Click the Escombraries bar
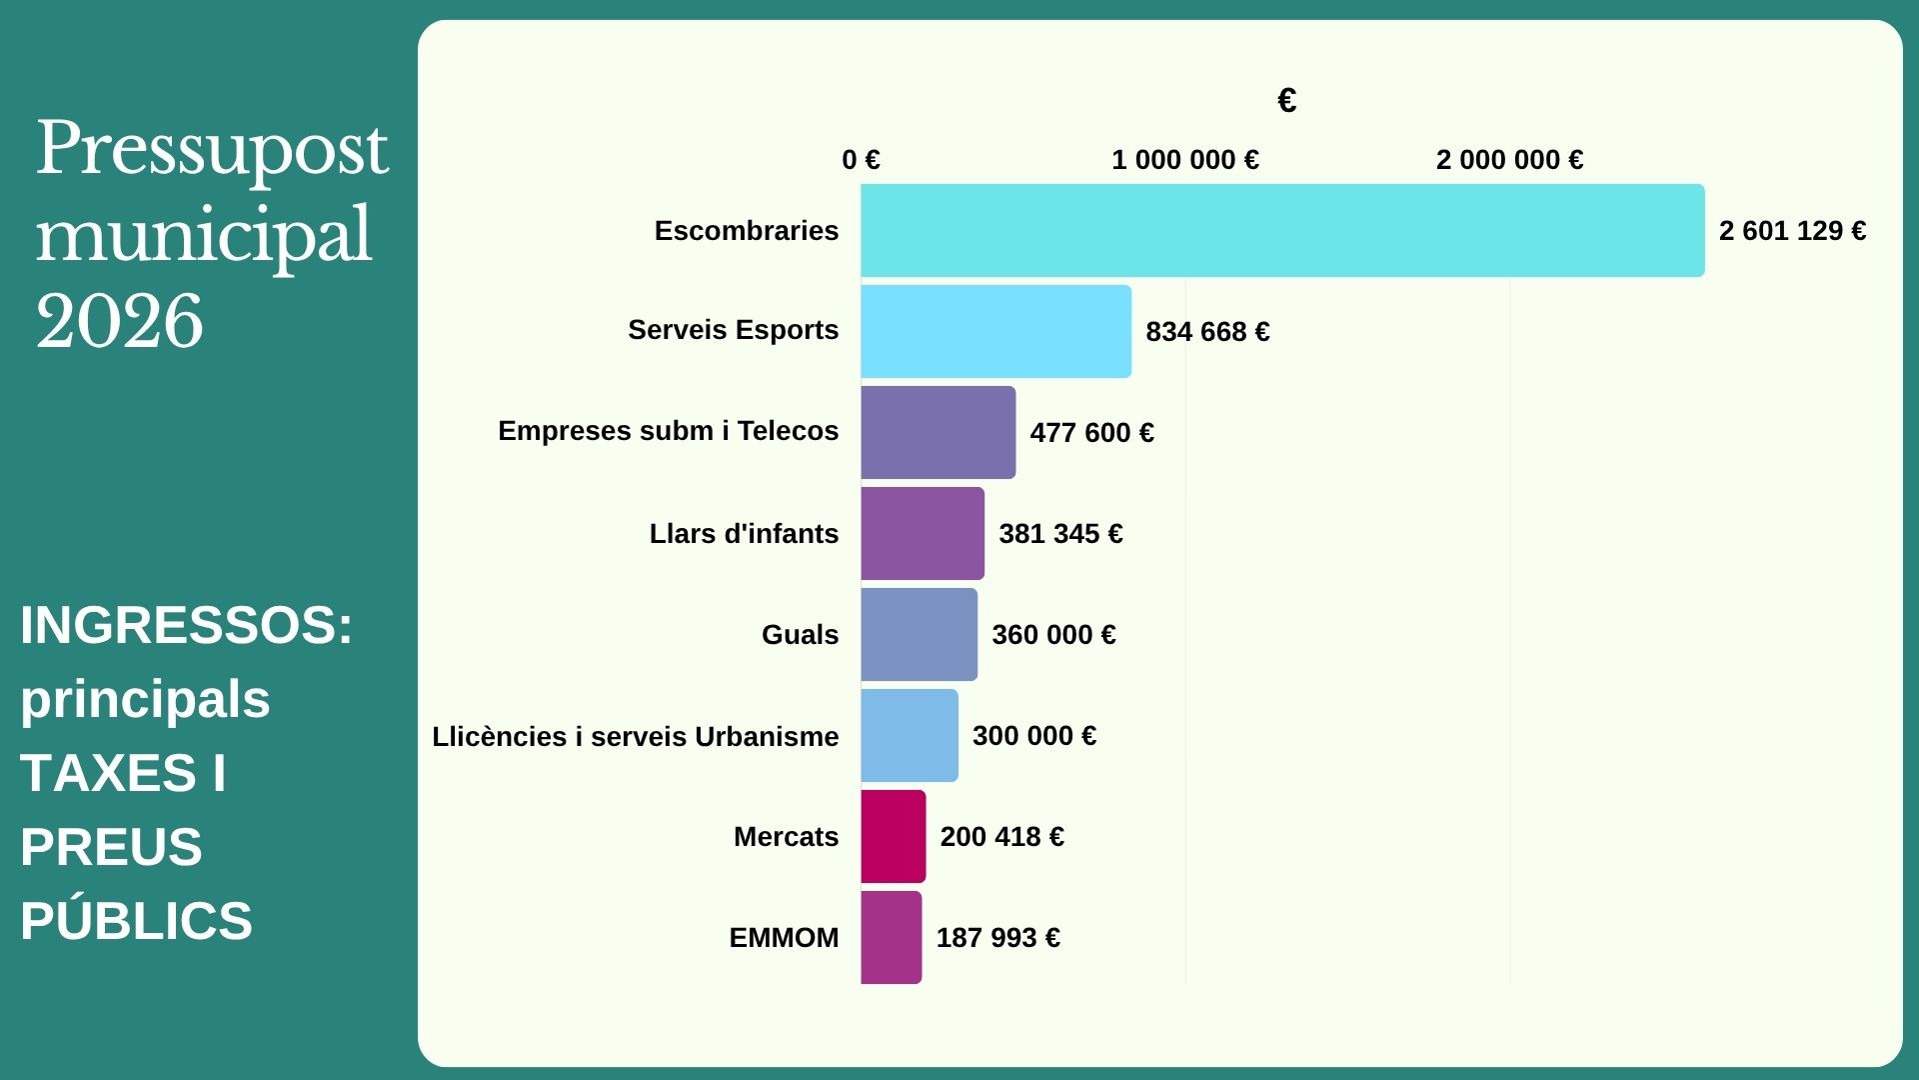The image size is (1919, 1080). [x=1282, y=230]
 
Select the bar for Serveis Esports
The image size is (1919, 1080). [x=995, y=331]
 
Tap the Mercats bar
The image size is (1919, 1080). [x=893, y=836]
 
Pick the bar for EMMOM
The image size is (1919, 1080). [x=891, y=937]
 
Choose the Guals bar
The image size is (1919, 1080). [x=919, y=634]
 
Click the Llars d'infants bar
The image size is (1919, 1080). [x=922, y=533]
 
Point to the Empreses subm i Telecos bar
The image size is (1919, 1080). [x=938, y=432]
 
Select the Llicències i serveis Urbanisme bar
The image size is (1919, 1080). [x=909, y=735]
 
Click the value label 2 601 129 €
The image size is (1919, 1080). [x=1792, y=231]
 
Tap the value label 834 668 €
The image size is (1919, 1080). [x=1207, y=332]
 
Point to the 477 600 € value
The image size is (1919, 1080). [x=1091, y=433]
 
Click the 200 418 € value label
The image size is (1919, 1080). [x=1001, y=837]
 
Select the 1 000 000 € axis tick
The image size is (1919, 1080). [x=1184, y=160]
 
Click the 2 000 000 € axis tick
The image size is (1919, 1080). [x=1509, y=160]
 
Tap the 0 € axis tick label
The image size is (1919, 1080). [x=861, y=160]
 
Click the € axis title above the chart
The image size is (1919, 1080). [x=1286, y=100]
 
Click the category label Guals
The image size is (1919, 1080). [x=800, y=635]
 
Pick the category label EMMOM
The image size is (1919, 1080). [x=784, y=938]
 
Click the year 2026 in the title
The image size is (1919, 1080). [x=120, y=321]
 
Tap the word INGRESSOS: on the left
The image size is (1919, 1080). [x=186, y=625]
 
